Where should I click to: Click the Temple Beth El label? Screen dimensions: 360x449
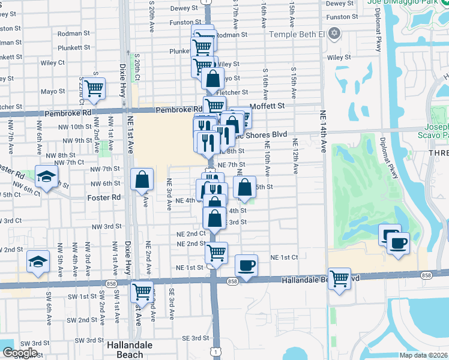point(297,34)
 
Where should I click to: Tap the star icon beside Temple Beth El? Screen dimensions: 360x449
point(335,34)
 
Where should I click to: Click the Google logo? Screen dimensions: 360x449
point(19,353)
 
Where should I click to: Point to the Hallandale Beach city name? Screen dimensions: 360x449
point(129,349)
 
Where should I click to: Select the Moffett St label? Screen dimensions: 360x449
point(267,106)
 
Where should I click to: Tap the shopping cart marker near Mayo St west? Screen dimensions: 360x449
point(94,88)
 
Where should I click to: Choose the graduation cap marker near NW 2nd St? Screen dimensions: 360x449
point(38,262)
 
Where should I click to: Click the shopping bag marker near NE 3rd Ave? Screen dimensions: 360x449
point(142,179)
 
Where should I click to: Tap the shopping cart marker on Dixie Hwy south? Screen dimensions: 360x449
point(142,292)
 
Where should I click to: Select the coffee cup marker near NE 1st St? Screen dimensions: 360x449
point(246,265)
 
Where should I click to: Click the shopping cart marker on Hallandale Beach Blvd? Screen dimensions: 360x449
point(340,279)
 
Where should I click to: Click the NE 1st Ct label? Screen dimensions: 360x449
point(285,257)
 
